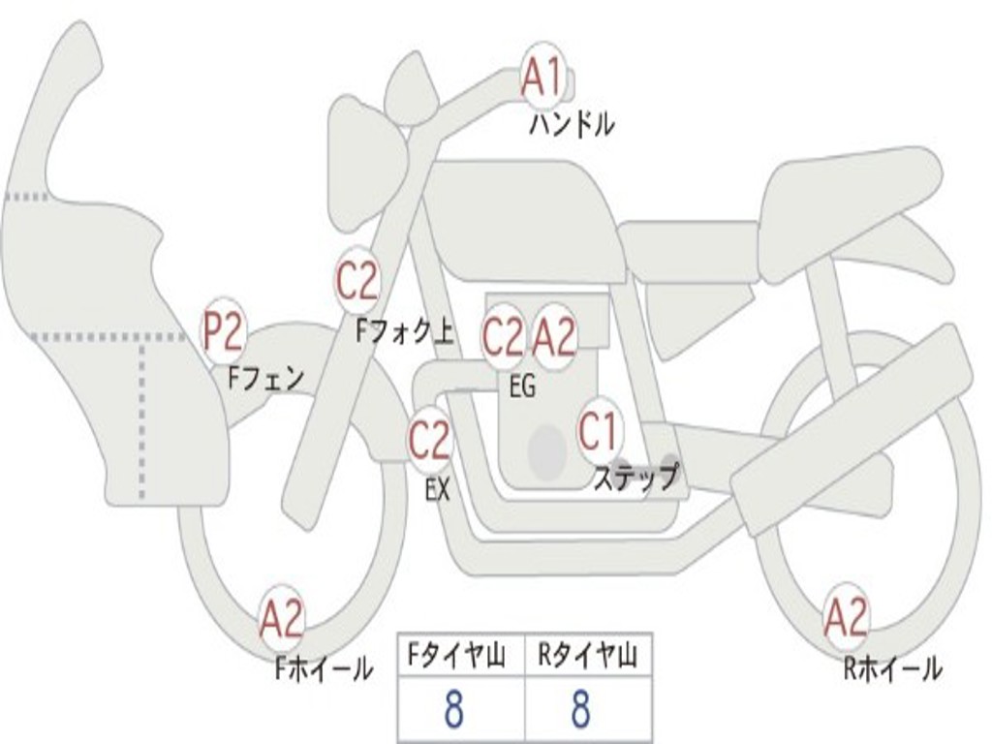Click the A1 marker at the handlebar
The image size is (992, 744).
(x=542, y=78)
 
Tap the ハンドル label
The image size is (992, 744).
(x=572, y=124)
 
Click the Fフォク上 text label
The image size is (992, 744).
(x=404, y=332)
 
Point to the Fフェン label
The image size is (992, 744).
(x=266, y=377)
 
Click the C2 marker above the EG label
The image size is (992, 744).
(x=503, y=337)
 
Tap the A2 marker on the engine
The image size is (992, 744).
(x=554, y=337)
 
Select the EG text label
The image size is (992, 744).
(x=522, y=387)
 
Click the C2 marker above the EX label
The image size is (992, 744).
(x=428, y=442)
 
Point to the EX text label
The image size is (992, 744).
(x=438, y=490)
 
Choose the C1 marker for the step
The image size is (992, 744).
(x=599, y=431)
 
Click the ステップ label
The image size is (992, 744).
(x=635, y=477)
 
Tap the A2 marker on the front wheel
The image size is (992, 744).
(x=282, y=620)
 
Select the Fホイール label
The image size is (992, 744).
(x=323, y=667)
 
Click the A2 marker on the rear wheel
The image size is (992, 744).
(x=846, y=617)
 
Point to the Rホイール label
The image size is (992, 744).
(x=891, y=667)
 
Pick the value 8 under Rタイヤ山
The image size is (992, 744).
(x=580, y=710)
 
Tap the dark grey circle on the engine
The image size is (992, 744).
(x=547, y=450)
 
